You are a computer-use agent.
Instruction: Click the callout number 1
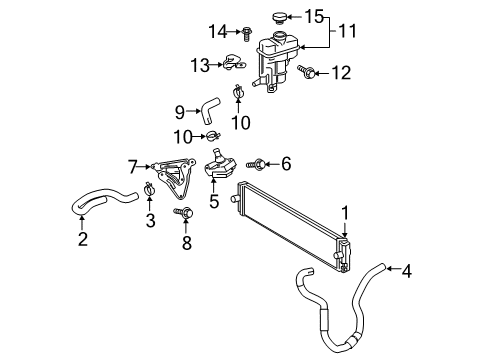[345, 211]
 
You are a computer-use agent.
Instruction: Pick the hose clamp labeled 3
[148, 187]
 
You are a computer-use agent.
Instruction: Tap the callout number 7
[132, 166]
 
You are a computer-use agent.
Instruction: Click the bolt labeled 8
[184, 213]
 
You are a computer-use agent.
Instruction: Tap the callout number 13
[200, 65]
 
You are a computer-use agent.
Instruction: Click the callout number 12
[342, 72]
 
